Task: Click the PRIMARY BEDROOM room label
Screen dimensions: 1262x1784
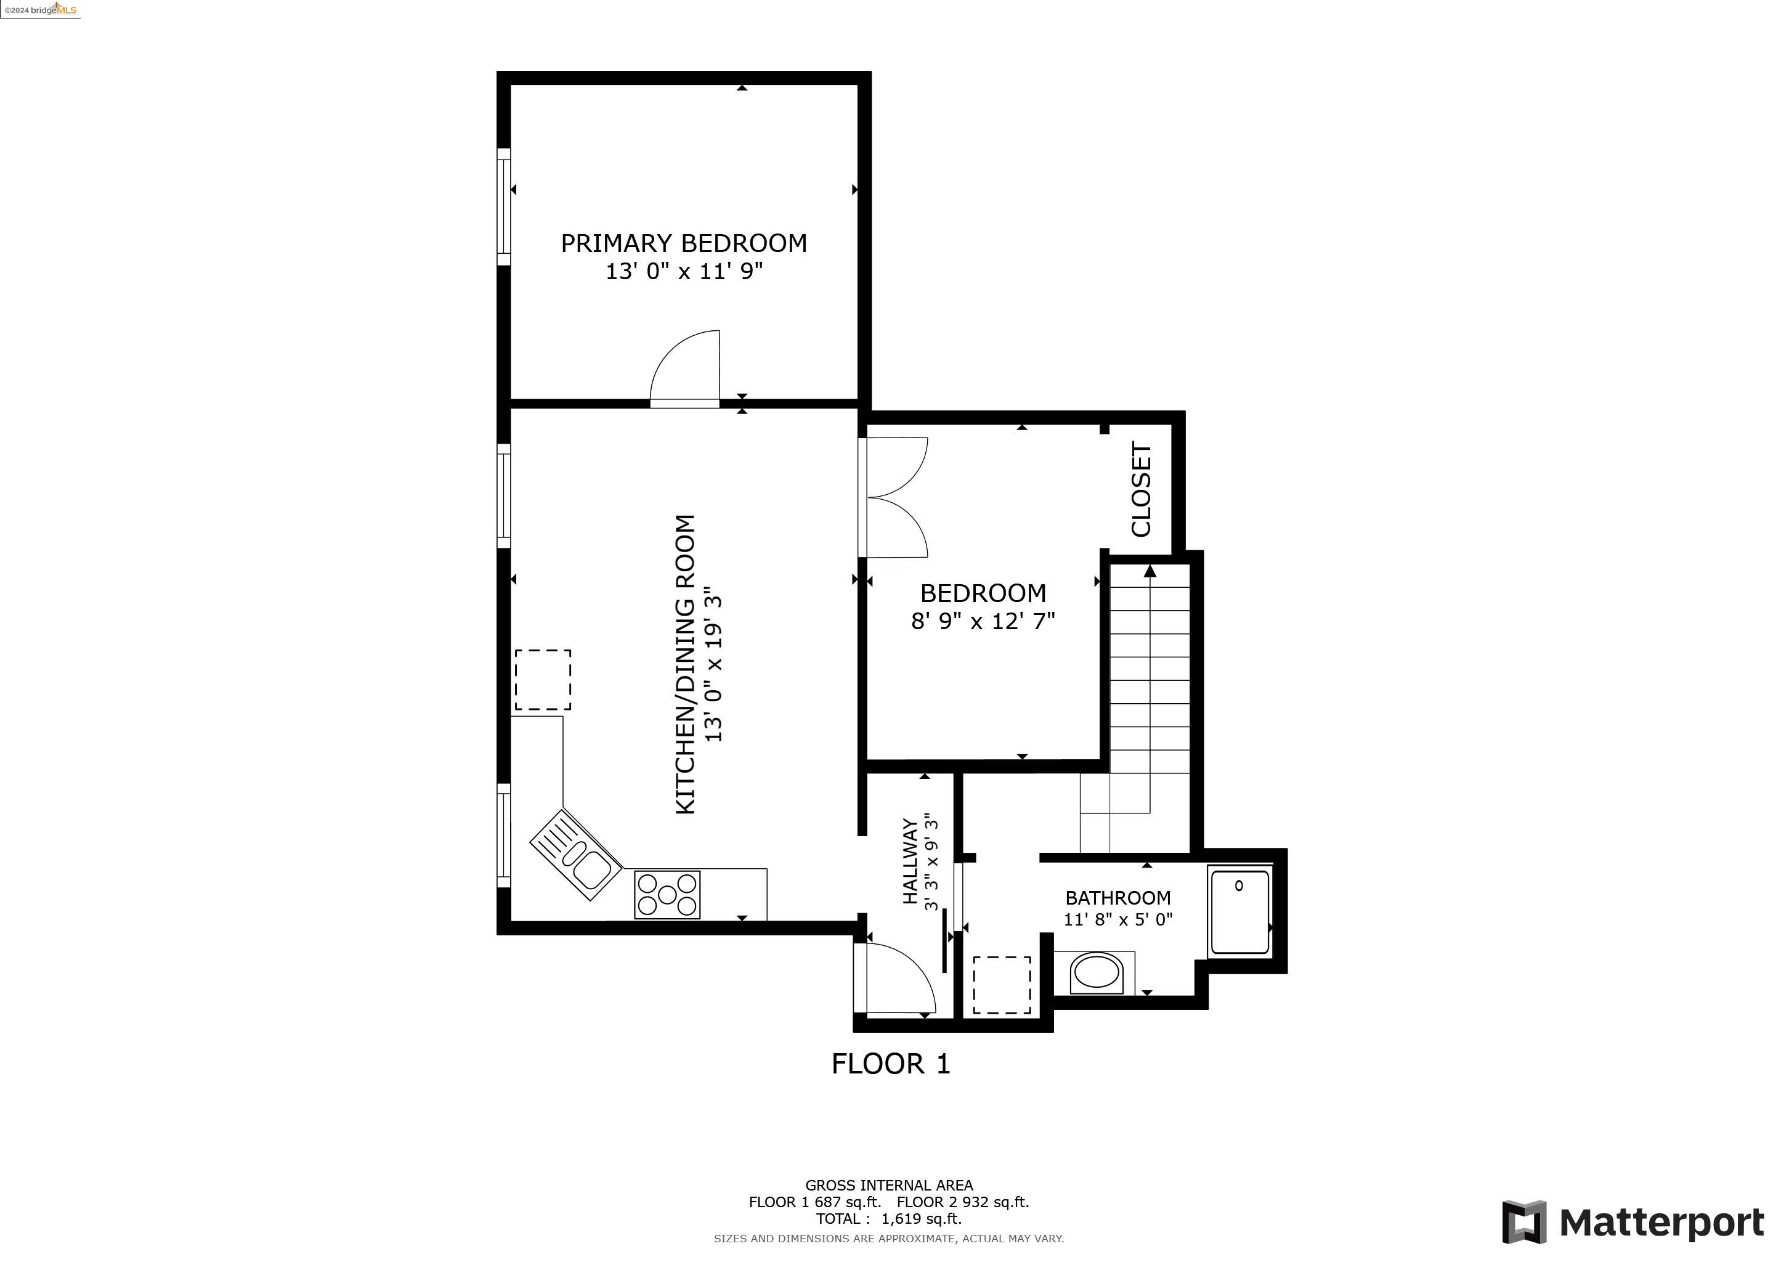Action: click(x=684, y=243)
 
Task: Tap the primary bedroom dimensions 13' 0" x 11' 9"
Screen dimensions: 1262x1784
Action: click(x=684, y=272)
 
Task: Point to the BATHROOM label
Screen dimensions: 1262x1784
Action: click(x=1117, y=898)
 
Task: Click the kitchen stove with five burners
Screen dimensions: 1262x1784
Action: click(x=667, y=895)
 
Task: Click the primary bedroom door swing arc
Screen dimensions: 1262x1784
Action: click(x=684, y=365)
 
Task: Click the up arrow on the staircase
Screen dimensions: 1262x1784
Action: click(x=1150, y=572)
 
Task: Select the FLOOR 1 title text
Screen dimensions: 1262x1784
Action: click(x=890, y=1064)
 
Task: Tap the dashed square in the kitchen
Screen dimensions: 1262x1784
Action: click(x=542, y=680)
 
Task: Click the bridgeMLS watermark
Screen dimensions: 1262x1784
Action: click(x=41, y=9)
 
